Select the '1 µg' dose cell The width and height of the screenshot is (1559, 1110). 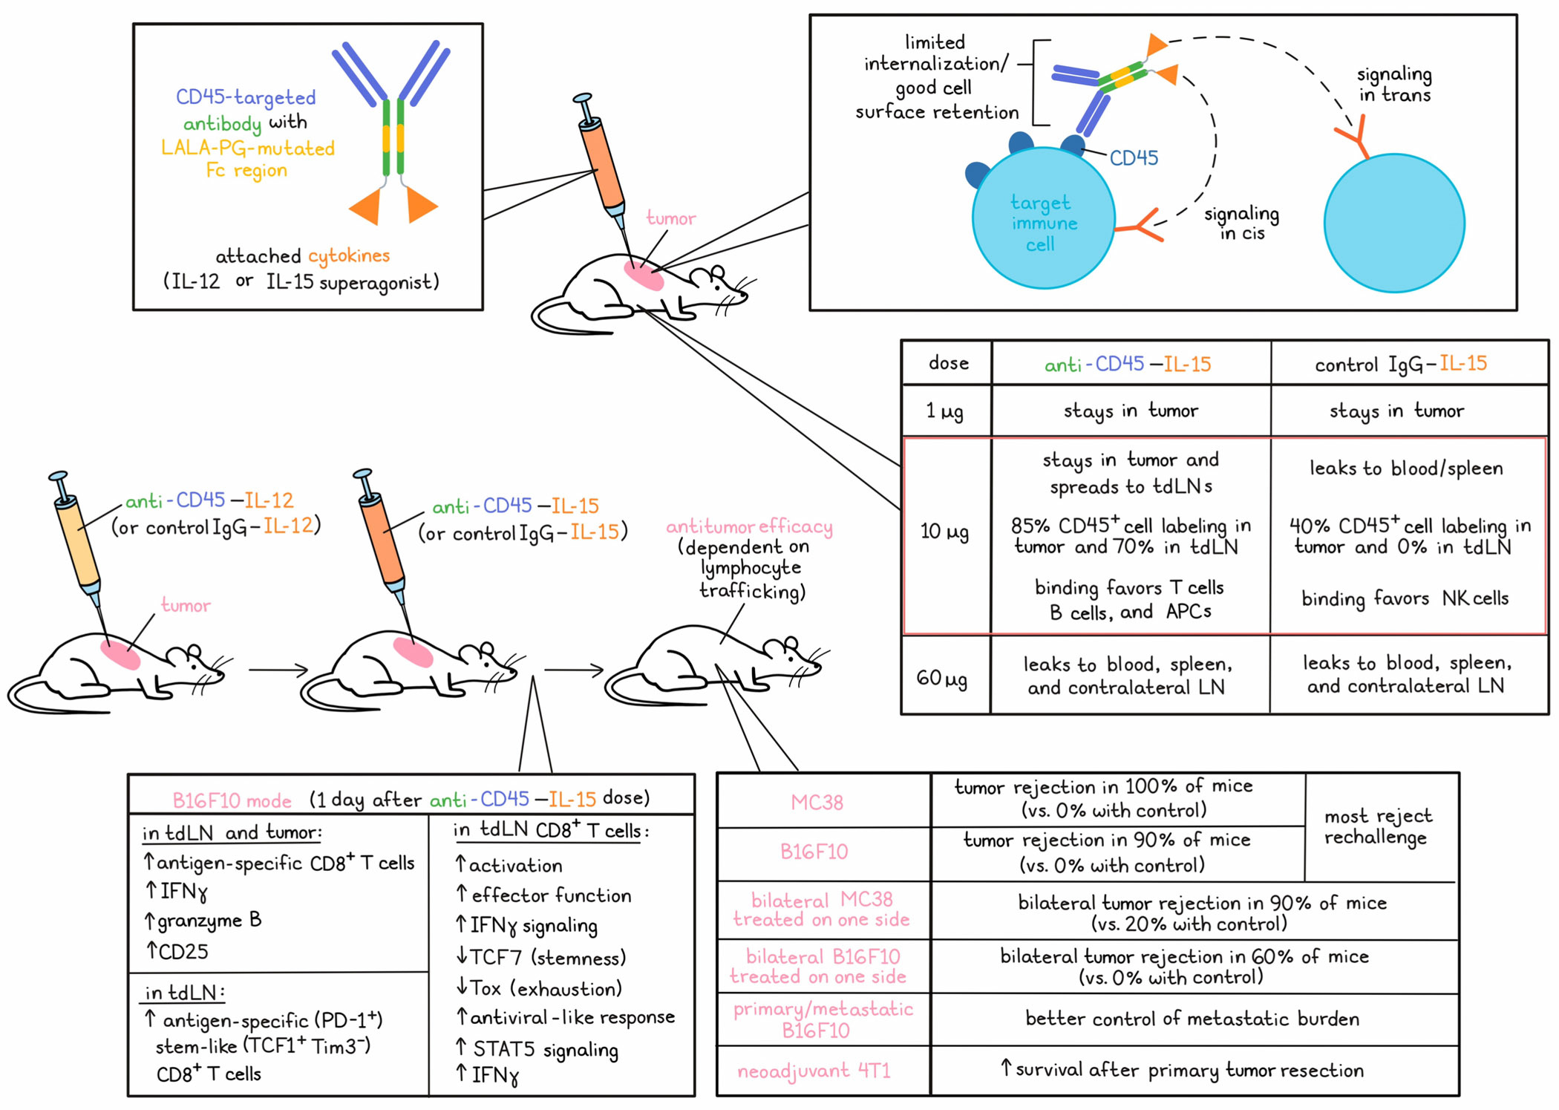944,411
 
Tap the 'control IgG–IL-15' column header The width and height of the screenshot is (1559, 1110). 1401,364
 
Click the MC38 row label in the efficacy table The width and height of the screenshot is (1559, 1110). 817,803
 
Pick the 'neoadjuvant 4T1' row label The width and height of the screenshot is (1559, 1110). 814,1071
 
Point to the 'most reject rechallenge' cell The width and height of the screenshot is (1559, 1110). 1378,826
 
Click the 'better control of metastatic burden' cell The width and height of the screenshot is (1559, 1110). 1192,1019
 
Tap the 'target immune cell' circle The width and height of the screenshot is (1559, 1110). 1044,218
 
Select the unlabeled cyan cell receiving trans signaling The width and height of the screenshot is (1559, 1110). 1394,223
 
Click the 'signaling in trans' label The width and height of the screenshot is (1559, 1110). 1394,84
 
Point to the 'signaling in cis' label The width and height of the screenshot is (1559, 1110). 1241,223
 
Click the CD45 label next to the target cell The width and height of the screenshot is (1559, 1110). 1134,158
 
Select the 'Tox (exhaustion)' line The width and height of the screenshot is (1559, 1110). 539,989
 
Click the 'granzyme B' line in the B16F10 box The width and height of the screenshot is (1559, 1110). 203,921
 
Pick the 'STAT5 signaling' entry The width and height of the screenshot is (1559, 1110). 537,1049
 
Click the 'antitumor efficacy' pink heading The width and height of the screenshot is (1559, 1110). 749,526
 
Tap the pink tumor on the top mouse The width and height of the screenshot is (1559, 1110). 644,275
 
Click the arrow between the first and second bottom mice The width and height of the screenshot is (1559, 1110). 278,670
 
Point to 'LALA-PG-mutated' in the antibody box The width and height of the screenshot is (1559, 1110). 248,148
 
